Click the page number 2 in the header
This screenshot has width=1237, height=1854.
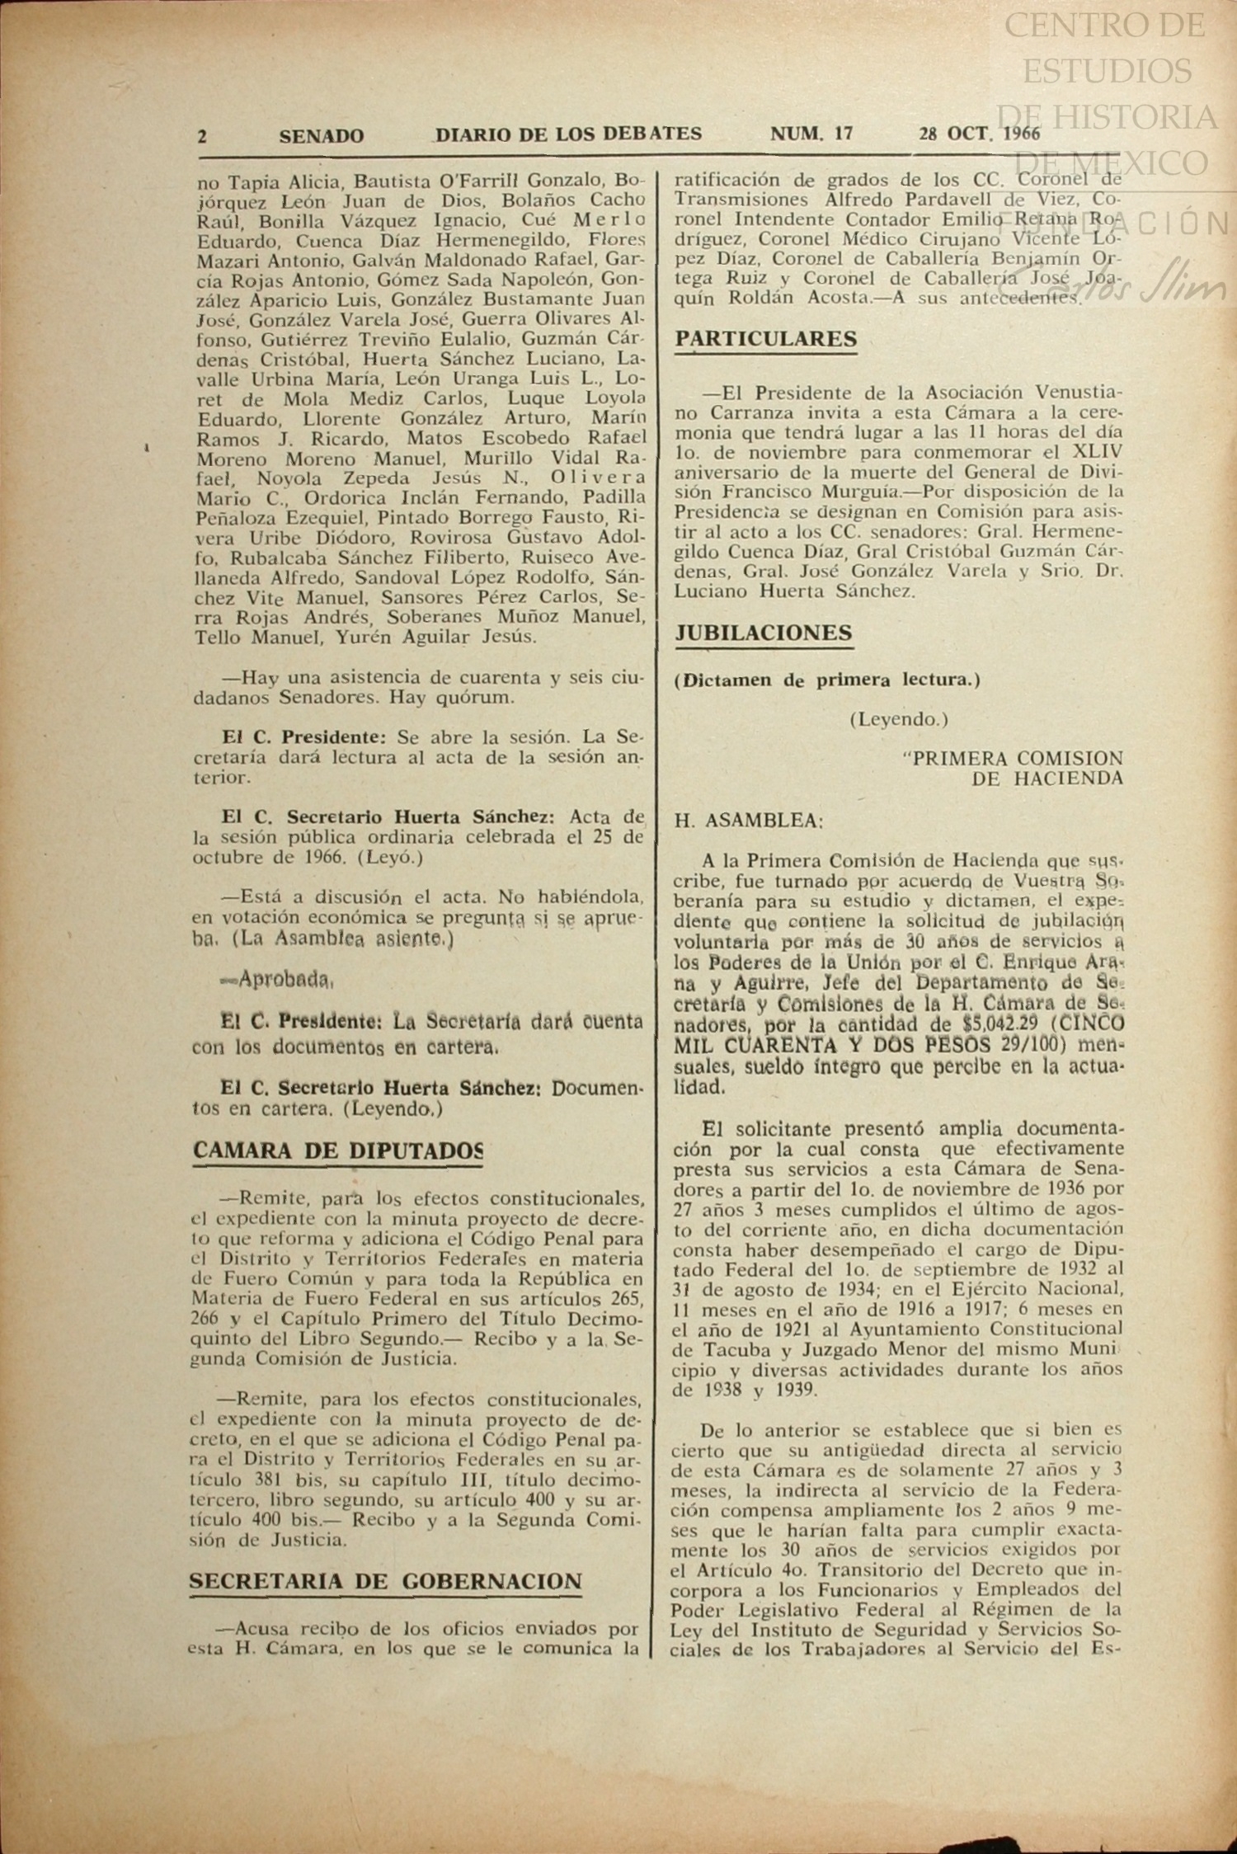[202, 136]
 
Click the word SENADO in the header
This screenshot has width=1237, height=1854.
[321, 136]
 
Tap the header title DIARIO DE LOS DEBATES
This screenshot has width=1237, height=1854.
[568, 134]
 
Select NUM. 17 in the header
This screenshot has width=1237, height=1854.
[811, 134]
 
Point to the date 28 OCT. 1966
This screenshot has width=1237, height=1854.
[979, 134]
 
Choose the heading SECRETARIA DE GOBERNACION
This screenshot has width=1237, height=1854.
[385, 1582]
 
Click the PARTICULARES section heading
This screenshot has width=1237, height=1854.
[766, 339]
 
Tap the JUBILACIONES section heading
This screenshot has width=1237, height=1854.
[764, 633]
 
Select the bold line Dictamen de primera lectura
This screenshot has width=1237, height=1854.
[827, 680]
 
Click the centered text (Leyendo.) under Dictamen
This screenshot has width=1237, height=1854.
[899, 719]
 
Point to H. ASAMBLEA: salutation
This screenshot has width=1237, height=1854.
[749, 821]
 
